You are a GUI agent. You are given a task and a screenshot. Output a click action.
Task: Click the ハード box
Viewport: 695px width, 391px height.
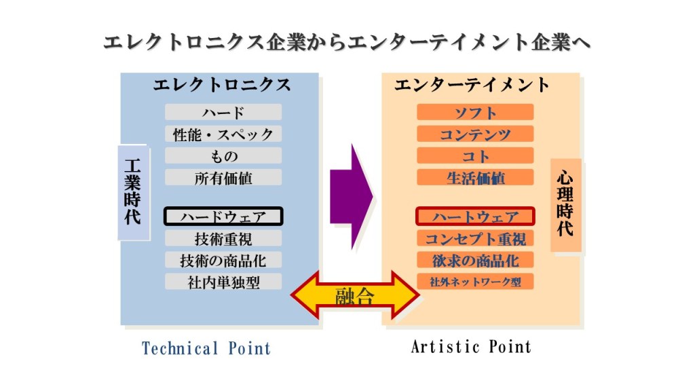(223, 113)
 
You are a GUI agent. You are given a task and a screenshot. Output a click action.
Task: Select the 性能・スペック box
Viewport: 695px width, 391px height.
(223, 134)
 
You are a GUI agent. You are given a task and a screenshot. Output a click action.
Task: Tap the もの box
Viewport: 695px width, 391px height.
(223, 156)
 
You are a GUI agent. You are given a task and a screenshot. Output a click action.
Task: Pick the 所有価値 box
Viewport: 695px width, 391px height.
(223, 178)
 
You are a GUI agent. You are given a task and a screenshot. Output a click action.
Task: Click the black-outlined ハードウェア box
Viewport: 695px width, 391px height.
(223, 217)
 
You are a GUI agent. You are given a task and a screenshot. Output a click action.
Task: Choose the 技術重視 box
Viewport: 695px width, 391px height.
(223, 238)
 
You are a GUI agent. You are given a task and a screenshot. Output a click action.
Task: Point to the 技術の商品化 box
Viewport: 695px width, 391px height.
(223, 260)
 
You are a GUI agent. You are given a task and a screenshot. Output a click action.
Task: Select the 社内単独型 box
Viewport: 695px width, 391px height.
(223, 282)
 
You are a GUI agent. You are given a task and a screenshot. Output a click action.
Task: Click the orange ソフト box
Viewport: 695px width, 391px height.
(475, 113)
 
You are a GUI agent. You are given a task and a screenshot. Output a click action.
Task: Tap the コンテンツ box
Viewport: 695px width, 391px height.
(475, 134)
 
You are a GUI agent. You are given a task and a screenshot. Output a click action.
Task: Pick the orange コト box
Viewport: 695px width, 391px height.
(475, 156)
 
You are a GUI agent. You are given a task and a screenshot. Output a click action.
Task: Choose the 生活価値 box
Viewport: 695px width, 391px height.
(475, 178)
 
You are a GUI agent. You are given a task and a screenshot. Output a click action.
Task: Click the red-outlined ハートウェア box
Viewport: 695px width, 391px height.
(475, 217)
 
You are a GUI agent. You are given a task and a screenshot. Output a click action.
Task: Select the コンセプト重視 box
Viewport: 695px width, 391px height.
(475, 238)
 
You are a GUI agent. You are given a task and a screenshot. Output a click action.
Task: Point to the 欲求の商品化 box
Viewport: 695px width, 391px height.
(475, 260)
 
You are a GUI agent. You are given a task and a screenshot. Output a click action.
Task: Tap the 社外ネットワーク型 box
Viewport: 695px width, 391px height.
(475, 282)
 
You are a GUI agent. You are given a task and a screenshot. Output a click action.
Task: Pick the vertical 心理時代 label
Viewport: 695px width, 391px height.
(565, 204)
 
